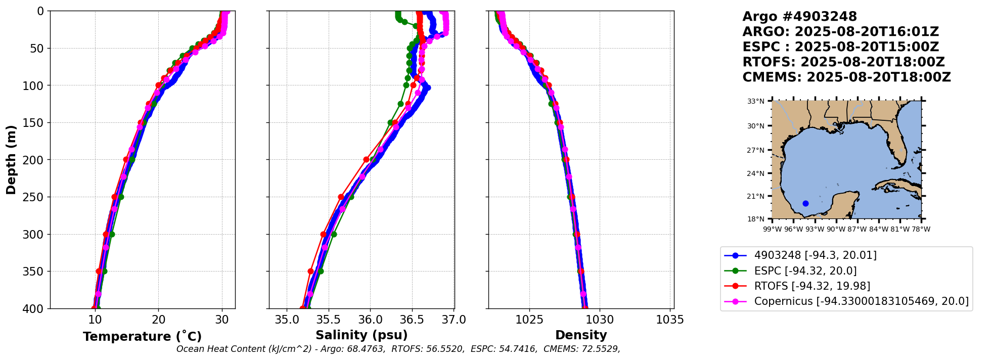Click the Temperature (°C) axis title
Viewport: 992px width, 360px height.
(142, 336)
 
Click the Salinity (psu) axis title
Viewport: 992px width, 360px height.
(362, 335)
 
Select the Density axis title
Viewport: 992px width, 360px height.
(581, 335)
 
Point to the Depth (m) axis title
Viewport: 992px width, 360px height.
(11, 159)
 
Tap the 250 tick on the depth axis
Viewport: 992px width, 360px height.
(35, 197)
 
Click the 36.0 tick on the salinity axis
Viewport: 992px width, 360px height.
(370, 320)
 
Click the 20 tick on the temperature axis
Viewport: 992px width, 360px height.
(158, 320)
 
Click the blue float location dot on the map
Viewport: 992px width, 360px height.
(805, 204)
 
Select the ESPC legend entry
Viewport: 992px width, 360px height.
(805, 271)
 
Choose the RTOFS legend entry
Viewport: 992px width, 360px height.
(812, 286)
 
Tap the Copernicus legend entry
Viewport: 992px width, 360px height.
(861, 302)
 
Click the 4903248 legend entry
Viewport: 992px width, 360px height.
(815, 255)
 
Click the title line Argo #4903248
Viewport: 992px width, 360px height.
(799, 17)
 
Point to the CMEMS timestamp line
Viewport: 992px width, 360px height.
(846, 77)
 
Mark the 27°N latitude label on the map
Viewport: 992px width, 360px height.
(756, 150)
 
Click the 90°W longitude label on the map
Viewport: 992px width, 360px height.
(836, 229)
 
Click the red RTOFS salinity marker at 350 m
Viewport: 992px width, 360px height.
(311, 272)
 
